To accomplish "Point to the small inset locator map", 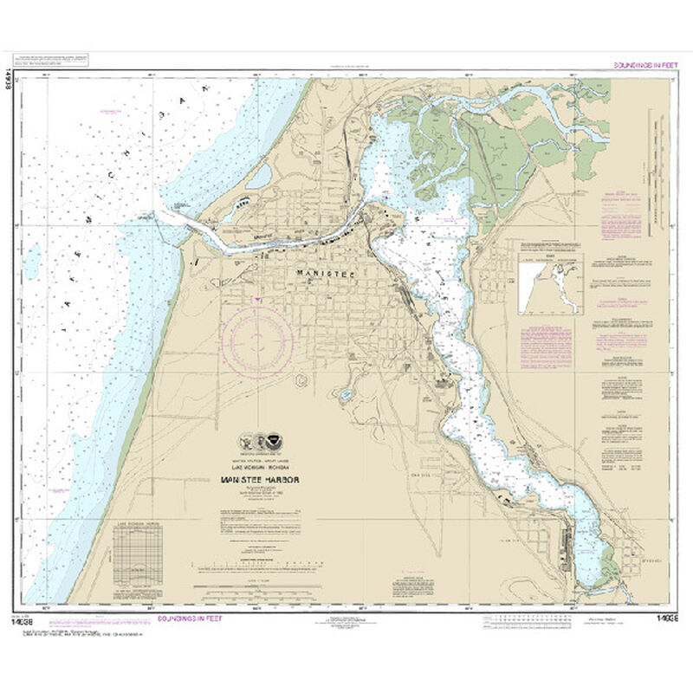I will point(549,284).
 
